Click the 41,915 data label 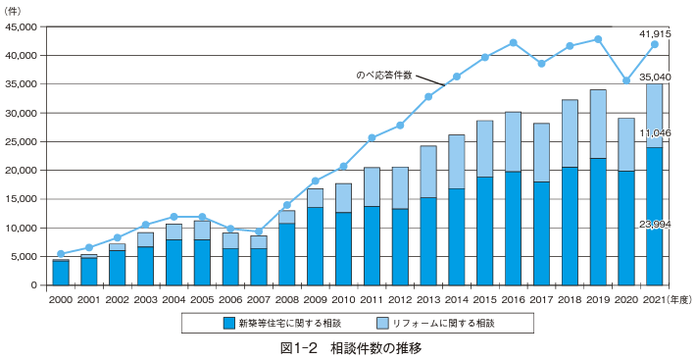click(x=654, y=34)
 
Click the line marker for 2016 click(x=513, y=43)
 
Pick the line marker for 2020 click(x=625, y=80)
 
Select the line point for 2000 click(x=61, y=254)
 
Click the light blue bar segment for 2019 click(x=597, y=124)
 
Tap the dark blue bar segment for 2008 click(x=286, y=254)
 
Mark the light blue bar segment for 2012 click(x=399, y=187)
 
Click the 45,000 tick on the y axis click(x=22, y=27)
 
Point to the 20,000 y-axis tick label click(x=22, y=171)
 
